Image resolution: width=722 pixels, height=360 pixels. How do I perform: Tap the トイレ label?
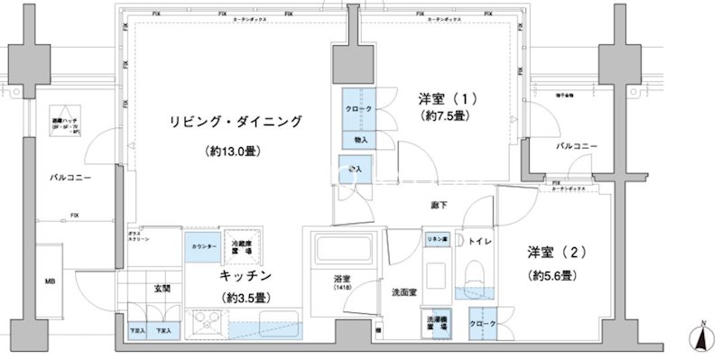(x=480, y=241)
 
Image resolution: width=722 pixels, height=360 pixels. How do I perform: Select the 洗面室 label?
(x=403, y=292)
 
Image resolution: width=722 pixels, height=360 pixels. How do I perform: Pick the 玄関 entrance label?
(x=162, y=289)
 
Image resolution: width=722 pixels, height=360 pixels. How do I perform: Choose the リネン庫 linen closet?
(x=437, y=239)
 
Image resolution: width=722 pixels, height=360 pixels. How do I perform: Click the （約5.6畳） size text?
(x=552, y=275)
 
